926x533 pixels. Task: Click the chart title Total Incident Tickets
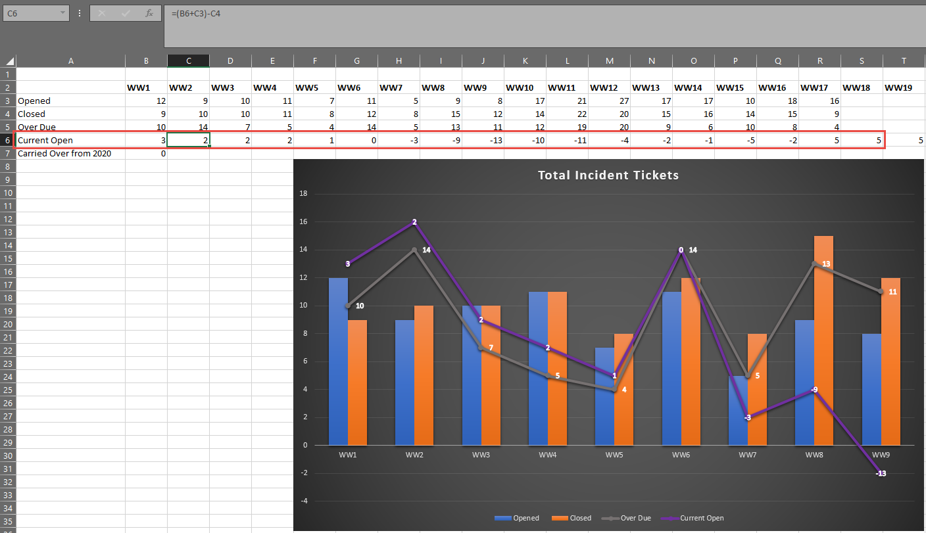point(608,175)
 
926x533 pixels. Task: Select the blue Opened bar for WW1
point(338,361)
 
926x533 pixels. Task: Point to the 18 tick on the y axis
point(303,194)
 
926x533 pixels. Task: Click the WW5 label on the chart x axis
point(614,455)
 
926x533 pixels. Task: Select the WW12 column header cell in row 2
point(604,87)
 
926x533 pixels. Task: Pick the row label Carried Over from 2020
point(64,153)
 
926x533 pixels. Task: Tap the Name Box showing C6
point(33,12)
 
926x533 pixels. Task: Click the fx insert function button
point(149,12)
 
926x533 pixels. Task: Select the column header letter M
point(609,61)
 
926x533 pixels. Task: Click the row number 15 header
point(7,258)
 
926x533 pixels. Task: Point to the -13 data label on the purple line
point(881,474)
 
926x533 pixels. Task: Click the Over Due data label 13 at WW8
point(826,264)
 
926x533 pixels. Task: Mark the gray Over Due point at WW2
point(414,250)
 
